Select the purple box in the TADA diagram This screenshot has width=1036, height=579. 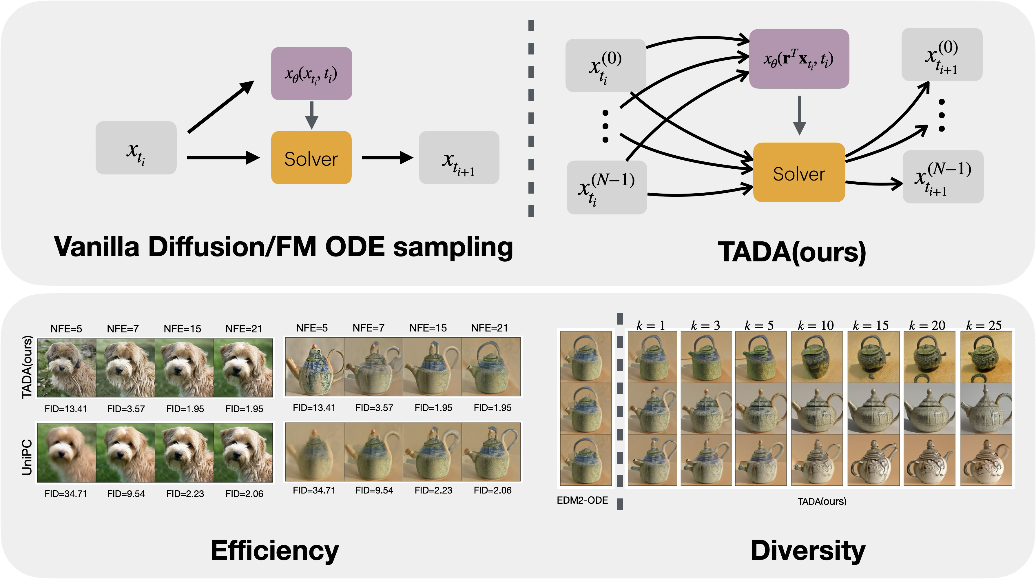click(x=799, y=59)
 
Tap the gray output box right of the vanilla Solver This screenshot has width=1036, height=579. click(x=459, y=158)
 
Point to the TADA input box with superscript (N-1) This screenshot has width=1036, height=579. click(x=606, y=187)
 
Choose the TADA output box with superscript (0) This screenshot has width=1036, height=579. click(x=942, y=54)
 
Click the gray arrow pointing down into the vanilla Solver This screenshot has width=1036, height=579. click(x=312, y=115)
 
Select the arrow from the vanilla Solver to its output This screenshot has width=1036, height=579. click(x=387, y=158)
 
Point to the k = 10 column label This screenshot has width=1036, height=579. click(x=815, y=325)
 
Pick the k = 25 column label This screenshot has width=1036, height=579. click(x=984, y=325)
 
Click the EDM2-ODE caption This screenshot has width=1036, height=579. click(x=582, y=500)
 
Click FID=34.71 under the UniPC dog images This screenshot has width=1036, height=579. click(x=65, y=494)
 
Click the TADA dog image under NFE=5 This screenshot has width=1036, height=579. click(x=66, y=367)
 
